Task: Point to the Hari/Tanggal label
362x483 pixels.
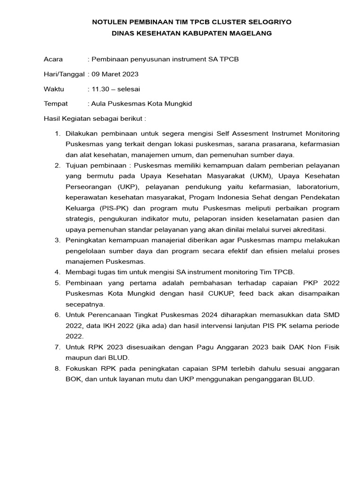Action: [64, 74]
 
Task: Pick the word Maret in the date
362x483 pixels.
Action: [111, 74]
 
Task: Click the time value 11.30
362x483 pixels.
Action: [101, 89]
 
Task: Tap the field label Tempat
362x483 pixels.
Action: [56, 103]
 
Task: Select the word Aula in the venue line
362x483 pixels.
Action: [99, 103]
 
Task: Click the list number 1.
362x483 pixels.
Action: [58, 134]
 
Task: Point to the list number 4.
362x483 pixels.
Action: [58, 272]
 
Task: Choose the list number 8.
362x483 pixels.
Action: [58, 368]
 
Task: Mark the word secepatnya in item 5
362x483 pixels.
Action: [85, 304]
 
